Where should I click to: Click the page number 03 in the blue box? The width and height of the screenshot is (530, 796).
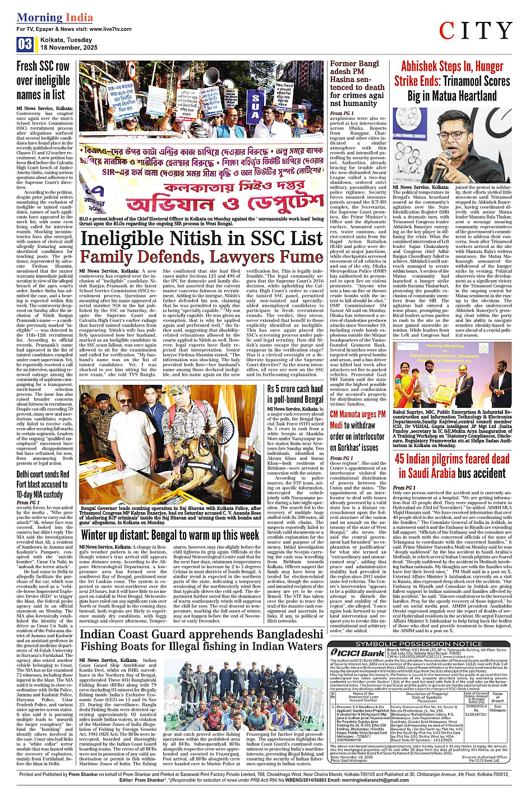click(x=25, y=44)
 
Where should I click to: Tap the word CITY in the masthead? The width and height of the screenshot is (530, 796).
click(x=475, y=31)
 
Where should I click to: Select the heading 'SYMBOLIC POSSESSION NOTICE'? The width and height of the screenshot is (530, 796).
click(x=418, y=643)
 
